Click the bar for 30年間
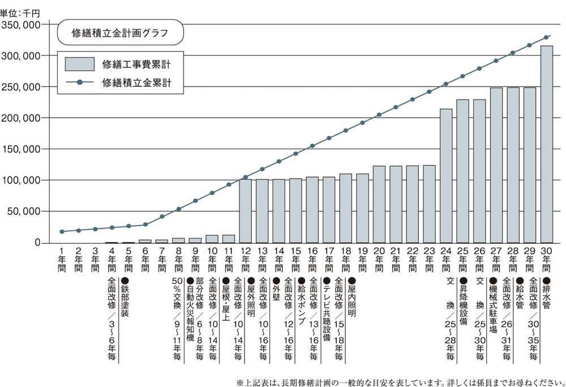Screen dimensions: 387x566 click(x=547, y=144)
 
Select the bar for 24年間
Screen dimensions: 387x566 click(x=446, y=176)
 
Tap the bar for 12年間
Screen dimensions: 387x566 click(x=246, y=211)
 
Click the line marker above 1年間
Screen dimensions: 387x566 click(x=62, y=231)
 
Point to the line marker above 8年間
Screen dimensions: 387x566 click(x=179, y=209)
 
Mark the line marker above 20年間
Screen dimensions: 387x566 click(x=379, y=115)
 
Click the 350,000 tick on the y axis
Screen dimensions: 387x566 click(x=21, y=25)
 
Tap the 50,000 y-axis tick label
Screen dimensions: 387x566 click(x=23, y=211)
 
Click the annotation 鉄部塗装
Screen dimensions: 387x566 click(x=125, y=298)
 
